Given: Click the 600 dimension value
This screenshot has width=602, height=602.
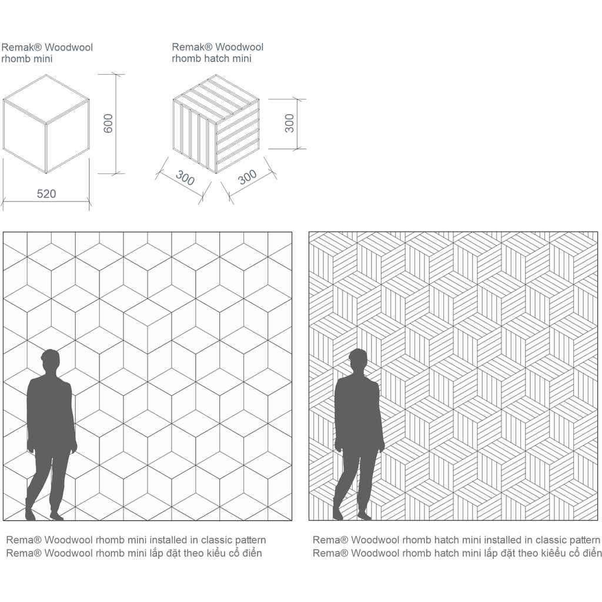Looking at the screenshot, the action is click(109, 123).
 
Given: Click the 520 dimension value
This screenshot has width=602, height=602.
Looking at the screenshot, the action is click(46, 193).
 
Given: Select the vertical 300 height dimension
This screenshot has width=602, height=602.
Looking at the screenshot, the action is click(289, 123).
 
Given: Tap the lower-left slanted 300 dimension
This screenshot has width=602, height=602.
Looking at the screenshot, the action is click(185, 178).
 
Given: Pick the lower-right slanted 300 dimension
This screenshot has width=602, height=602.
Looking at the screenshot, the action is click(248, 176).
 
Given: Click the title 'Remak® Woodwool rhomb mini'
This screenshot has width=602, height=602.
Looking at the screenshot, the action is click(47, 53).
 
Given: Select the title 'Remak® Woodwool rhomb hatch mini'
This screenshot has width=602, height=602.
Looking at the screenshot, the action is click(218, 52).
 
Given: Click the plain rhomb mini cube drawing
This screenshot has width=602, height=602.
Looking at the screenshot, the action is click(46, 123).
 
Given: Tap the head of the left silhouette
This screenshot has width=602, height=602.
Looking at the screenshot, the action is click(51, 360).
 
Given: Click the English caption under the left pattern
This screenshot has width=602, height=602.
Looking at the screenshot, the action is click(136, 540).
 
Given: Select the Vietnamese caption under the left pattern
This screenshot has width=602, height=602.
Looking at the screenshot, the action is click(135, 553).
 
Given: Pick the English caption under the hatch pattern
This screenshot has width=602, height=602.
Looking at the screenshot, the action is click(456, 540).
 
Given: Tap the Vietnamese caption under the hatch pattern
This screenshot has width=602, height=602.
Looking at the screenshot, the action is click(457, 553).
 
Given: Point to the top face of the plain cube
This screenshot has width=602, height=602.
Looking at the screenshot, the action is click(46, 99).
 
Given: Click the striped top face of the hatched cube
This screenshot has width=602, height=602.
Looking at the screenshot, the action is click(216, 99).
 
